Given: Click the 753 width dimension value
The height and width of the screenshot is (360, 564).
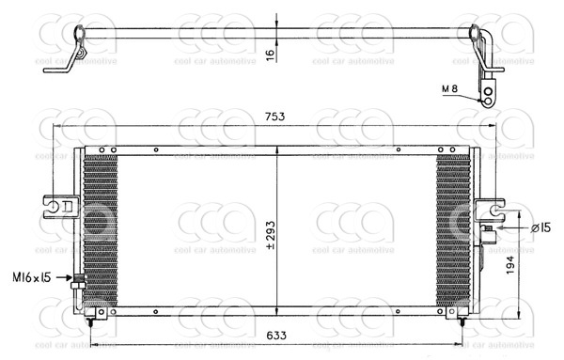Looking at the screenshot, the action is pos(274,117).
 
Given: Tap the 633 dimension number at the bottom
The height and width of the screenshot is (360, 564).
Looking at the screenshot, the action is pos(276,336).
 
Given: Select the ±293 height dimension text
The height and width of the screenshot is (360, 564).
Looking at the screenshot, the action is pos(271,235).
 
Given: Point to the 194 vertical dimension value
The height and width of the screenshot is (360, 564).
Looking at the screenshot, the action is pos(510,265).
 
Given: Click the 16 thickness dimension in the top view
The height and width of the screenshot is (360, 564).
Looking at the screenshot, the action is pos(271,55).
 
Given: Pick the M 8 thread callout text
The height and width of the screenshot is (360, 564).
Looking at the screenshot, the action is pos(449,88).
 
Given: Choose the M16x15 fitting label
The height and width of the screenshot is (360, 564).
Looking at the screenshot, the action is pos(32,277).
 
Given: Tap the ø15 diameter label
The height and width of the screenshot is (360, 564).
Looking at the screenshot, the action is pos(540,227).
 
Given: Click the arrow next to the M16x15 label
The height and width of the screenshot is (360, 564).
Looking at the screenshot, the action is pos(65,277).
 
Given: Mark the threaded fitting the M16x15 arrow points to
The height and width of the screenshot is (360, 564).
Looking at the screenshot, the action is pos(79,282).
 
